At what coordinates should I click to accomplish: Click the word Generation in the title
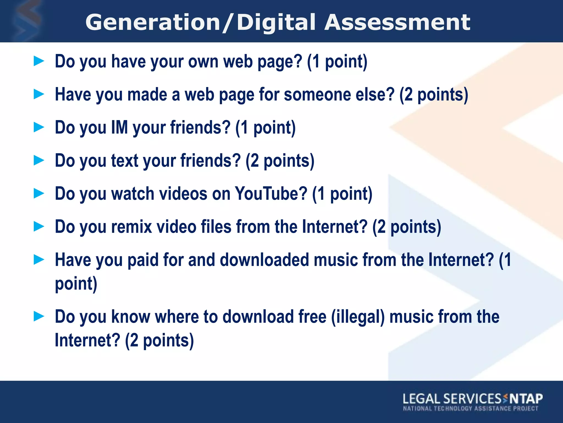(x=153, y=23)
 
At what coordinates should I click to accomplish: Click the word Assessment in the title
(x=397, y=23)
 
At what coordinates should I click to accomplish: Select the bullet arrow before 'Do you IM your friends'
(x=39, y=127)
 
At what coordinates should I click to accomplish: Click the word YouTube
(x=271, y=194)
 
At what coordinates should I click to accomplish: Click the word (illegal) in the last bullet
(x=358, y=317)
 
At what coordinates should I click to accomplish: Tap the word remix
(x=131, y=227)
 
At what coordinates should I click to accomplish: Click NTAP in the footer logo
(x=526, y=398)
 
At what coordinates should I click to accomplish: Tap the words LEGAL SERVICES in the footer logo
(x=452, y=399)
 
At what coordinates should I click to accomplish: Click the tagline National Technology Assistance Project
(x=470, y=408)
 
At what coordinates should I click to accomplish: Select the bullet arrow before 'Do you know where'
(x=39, y=316)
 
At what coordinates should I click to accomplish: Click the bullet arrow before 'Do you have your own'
(x=39, y=61)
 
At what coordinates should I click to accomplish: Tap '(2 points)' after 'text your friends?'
(x=280, y=161)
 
